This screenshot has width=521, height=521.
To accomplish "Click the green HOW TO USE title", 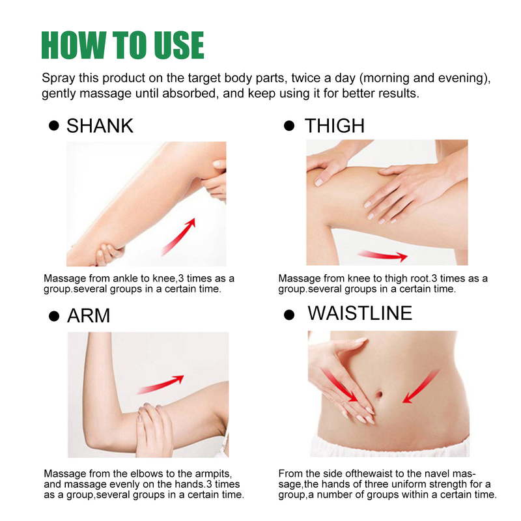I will point(122,44).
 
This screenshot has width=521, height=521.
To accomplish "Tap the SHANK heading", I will point(100,125).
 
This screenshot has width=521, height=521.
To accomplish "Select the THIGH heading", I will point(335,125).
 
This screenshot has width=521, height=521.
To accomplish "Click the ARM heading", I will point(89,316).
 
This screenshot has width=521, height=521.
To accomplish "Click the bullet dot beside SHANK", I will point(54,126).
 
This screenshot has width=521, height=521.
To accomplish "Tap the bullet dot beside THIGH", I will point(289,126).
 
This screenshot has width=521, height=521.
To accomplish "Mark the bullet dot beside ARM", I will point(54,317).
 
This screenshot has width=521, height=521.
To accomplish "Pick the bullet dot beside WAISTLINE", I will point(289,315).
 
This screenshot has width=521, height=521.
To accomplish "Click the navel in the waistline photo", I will point(380,394).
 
